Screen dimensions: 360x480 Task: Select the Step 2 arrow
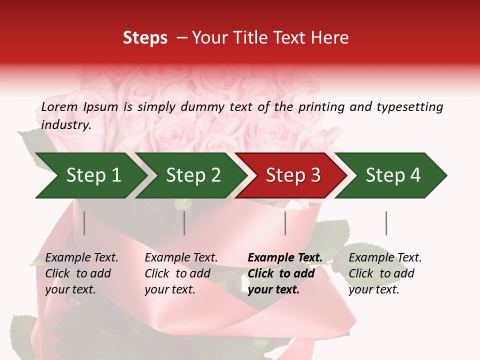(x=192, y=175)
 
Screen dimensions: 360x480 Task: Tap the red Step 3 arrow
(x=292, y=175)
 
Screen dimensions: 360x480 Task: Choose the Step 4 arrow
(x=392, y=175)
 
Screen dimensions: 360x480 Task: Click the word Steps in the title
(x=145, y=38)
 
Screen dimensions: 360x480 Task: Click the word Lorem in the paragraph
(x=59, y=106)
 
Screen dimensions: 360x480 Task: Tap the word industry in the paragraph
(x=66, y=124)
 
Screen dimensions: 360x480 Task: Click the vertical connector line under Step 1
(x=84, y=223)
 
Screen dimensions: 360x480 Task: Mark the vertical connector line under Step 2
(x=184, y=223)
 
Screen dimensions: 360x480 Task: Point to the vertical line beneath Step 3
(x=285, y=223)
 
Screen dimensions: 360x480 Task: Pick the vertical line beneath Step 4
(x=386, y=223)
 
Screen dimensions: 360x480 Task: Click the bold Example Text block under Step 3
(x=285, y=273)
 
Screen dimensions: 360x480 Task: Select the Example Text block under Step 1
(x=81, y=273)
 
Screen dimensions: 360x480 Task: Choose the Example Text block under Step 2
(x=181, y=273)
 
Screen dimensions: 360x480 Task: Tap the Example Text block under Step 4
(x=385, y=273)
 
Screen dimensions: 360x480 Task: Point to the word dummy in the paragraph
(x=201, y=106)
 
